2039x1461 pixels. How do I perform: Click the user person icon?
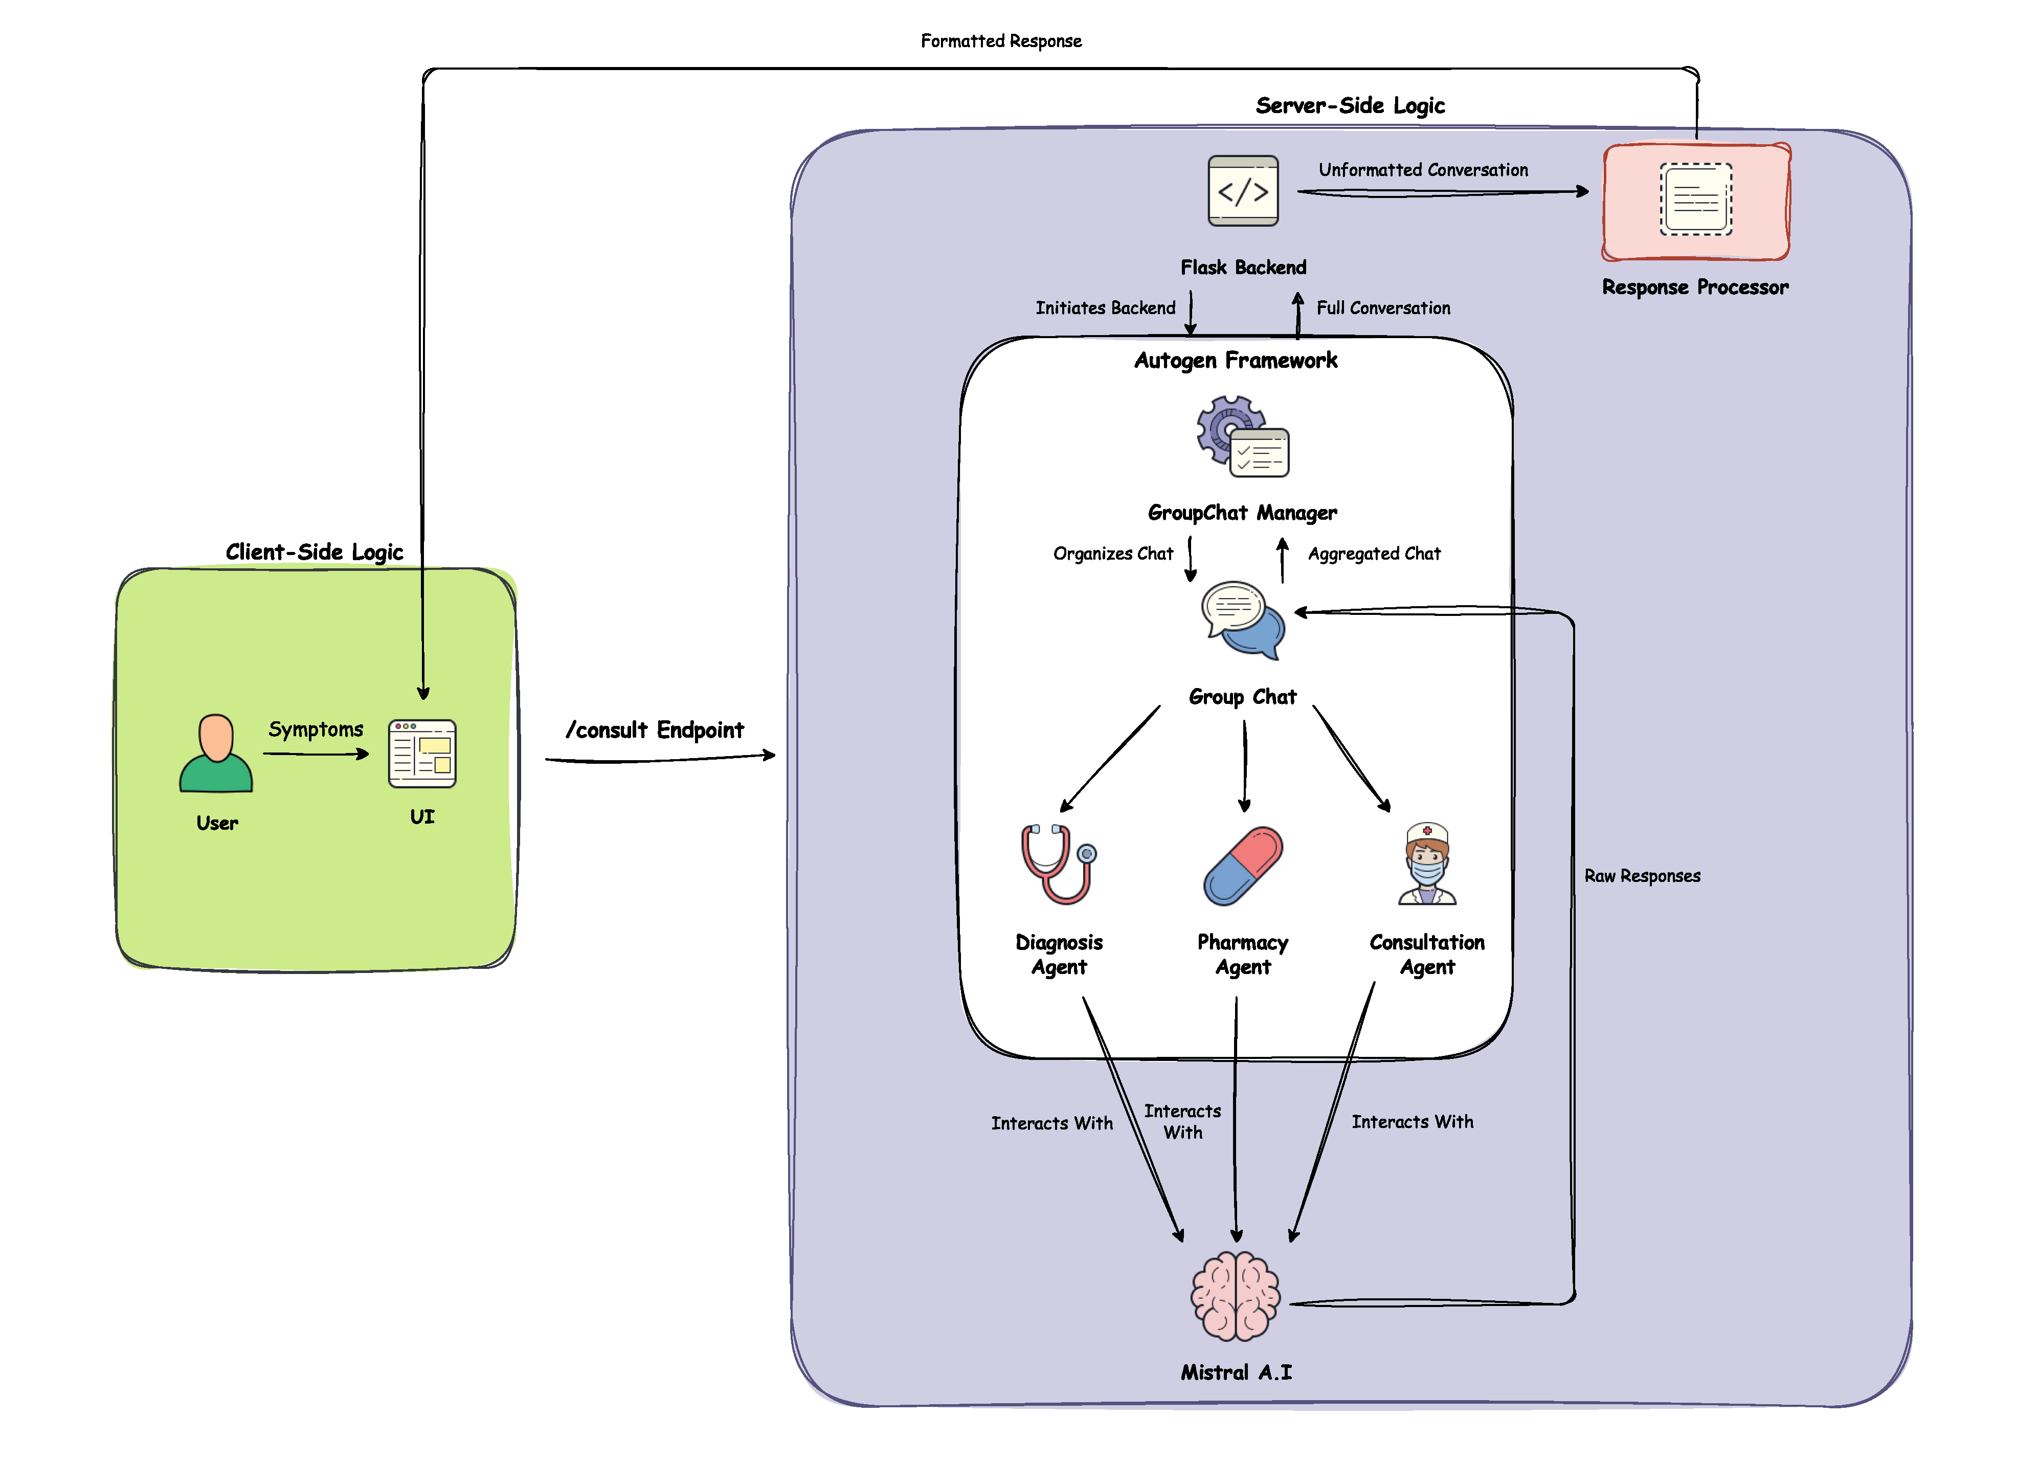coord(216,754)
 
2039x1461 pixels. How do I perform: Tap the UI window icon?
coord(421,754)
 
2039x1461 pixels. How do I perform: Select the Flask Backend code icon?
coord(1242,191)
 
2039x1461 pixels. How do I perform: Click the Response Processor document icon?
coord(1695,200)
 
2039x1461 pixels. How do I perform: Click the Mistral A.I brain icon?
coord(1236,1296)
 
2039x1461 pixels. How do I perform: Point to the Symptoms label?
coord(316,729)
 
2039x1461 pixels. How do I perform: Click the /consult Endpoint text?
coord(655,730)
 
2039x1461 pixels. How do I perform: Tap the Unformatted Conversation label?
coord(1423,170)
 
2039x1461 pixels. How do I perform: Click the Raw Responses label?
coord(1642,876)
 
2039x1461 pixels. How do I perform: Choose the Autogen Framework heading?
coord(1235,361)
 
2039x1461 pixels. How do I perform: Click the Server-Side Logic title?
coord(1350,106)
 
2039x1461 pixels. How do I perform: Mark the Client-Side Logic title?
coord(314,552)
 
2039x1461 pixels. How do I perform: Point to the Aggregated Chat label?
coord(1374,554)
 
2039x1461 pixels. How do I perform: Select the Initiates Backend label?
coord(1105,308)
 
